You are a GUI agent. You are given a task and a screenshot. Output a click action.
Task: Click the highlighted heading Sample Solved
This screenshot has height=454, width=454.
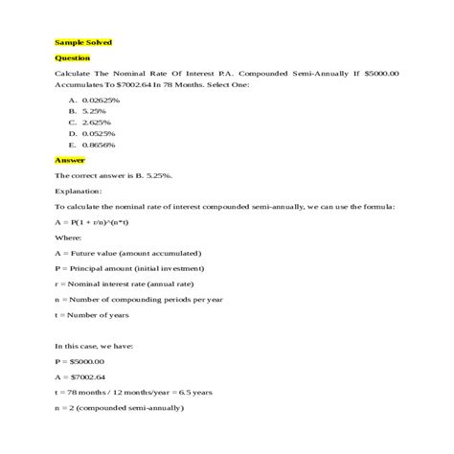coord(83,42)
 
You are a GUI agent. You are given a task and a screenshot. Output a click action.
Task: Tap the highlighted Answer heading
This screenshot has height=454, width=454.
coord(69,160)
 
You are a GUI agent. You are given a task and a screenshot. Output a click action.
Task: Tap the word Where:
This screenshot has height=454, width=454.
coord(68,238)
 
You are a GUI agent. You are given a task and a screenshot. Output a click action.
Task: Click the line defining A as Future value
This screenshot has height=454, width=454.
coord(127,253)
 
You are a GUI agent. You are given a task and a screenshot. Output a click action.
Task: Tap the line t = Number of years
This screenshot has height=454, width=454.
coord(97,315)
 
